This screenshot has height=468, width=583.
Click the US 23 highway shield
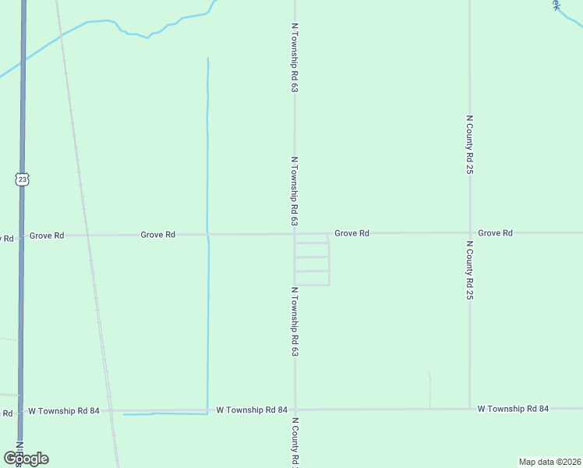coord(22,179)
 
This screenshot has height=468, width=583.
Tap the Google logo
coord(26,459)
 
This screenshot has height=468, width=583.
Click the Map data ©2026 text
coord(550,462)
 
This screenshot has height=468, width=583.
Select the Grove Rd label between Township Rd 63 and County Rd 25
coord(352,233)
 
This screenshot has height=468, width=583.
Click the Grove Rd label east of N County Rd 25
coord(495,233)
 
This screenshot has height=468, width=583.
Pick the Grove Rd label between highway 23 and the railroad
coord(47,235)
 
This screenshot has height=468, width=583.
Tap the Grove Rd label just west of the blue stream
coord(157,234)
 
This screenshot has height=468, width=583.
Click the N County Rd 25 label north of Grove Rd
coord(470,144)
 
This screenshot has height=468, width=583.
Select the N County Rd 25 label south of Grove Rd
coord(470,270)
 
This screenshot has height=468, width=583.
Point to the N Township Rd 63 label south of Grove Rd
coord(295,322)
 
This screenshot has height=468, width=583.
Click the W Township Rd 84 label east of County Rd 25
coord(513,409)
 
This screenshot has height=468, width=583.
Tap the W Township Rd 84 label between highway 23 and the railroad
coord(64,410)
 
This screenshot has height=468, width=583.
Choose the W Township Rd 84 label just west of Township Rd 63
coord(252,409)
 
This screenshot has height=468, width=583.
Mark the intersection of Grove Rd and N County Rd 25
coord(469,232)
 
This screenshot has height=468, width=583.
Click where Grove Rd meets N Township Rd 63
coord(295,233)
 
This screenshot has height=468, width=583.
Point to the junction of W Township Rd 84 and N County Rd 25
coord(469,408)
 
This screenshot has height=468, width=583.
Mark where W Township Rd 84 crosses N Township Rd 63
coord(295,409)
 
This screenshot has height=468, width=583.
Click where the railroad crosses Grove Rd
coord(88,234)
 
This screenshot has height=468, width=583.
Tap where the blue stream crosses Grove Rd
coord(207,234)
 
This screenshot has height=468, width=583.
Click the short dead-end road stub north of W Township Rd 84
coord(429,390)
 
